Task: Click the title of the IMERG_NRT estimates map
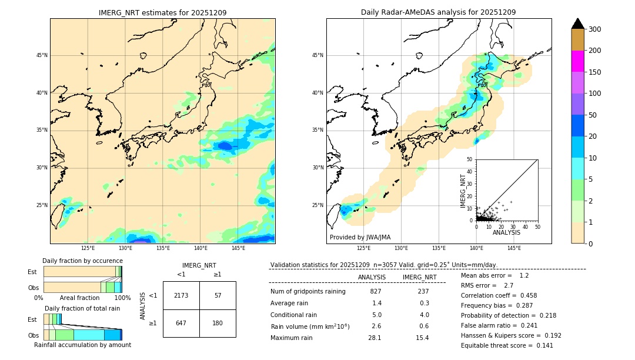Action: click(x=162, y=12)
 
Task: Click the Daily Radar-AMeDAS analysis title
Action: click(x=438, y=12)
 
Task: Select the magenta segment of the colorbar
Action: click(x=577, y=61)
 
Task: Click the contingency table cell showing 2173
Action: click(x=181, y=295)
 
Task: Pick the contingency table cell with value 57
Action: click(x=218, y=295)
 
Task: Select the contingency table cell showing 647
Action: click(x=181, y=323)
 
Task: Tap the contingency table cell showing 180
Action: click(x=218, y=323)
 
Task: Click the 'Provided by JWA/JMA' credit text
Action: click(x=360, y=238)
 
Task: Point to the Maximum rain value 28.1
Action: click(x=375, y=338)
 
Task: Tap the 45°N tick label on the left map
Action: click(x=42, y=55)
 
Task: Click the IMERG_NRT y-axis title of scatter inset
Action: click(x=463, y=190)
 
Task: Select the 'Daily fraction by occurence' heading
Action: click(x=81, y=261)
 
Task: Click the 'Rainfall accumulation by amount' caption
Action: click(x=82, y=345)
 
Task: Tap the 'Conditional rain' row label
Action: click(x=295, y=315)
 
